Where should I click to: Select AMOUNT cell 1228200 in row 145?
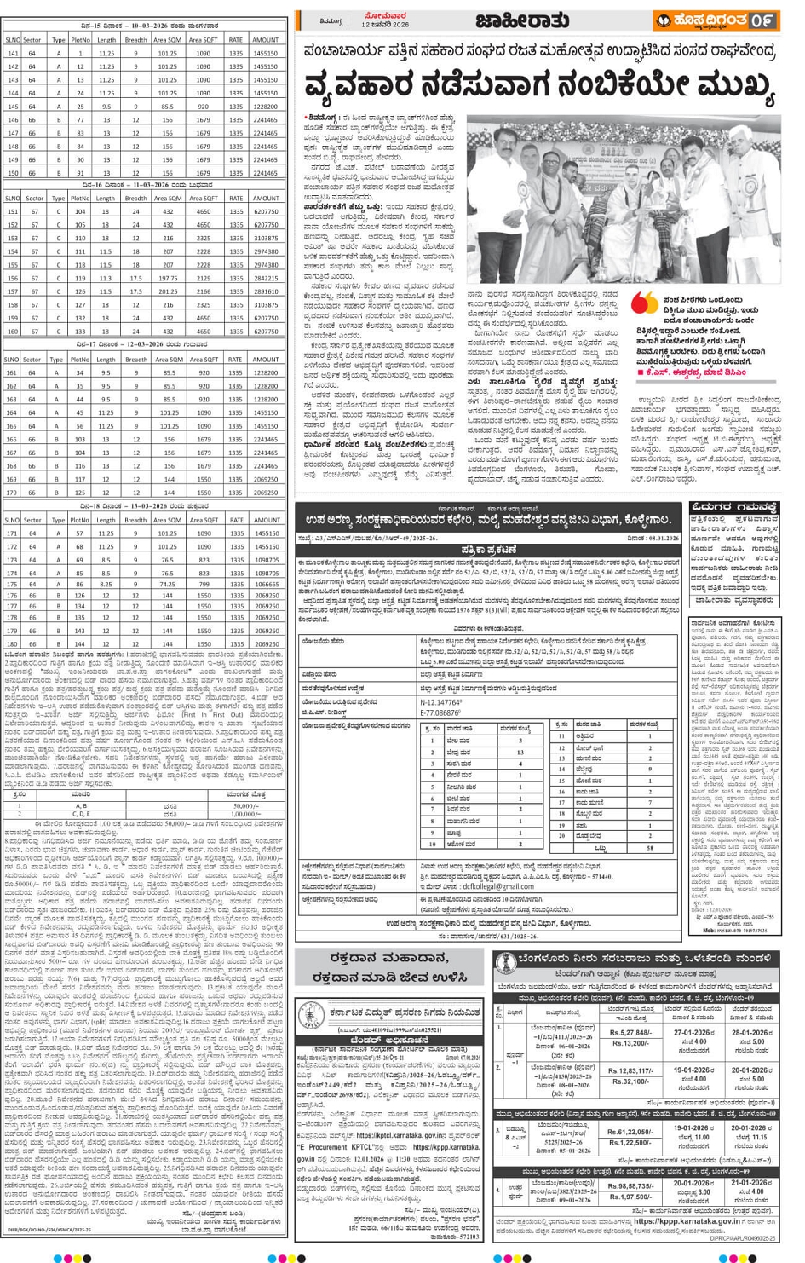(x=264, y=107)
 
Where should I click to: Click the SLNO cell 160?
(x=12, y=332)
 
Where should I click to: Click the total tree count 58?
(x=650, y=848)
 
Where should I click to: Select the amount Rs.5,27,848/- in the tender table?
(x=630, y=1032)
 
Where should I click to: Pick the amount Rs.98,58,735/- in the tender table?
(x=630, y=1185)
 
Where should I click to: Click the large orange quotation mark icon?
(x=645, y=303)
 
